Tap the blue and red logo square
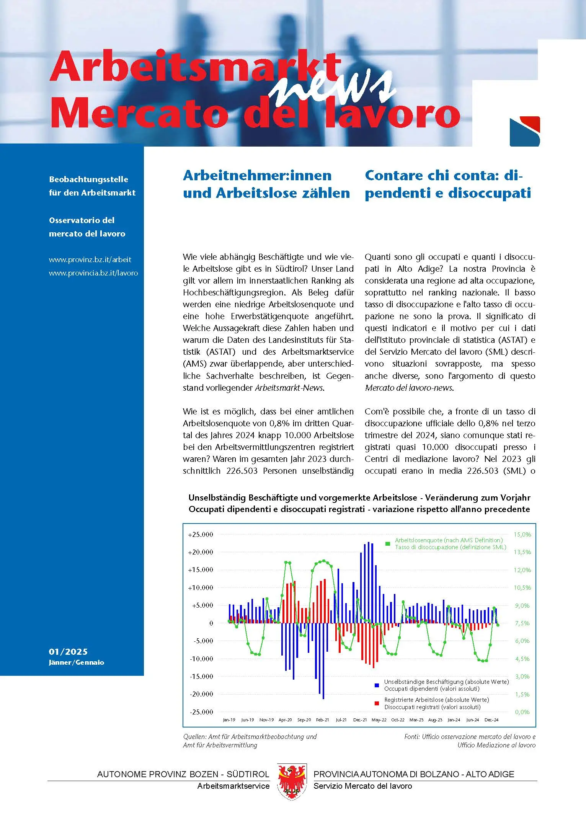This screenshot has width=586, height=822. coord(524,132)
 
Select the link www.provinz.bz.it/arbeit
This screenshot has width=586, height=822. coord(90,259)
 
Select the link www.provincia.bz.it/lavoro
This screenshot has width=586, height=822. coord(93,273)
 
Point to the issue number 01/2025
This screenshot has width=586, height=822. coord(68,651)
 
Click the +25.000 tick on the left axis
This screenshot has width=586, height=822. coord(200,535)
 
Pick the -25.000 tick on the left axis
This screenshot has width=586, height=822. coord(201,712)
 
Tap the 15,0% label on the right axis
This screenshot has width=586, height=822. coord(522,535)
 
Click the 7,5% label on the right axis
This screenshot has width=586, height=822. coord(522,623)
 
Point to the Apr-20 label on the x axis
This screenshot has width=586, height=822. coord(285,720)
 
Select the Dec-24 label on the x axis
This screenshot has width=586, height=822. coord(491,720)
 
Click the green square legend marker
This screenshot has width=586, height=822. coord(388,543)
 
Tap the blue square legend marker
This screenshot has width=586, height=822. coord(377,685)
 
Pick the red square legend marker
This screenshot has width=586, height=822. coord(377,703)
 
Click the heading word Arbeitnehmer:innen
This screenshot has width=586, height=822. coord(257,175)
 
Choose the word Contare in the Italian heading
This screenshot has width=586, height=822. coord(394,175)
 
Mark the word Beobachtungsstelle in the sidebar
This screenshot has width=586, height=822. coord(88,179)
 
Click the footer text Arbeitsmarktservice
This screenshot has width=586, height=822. coord(233,786)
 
